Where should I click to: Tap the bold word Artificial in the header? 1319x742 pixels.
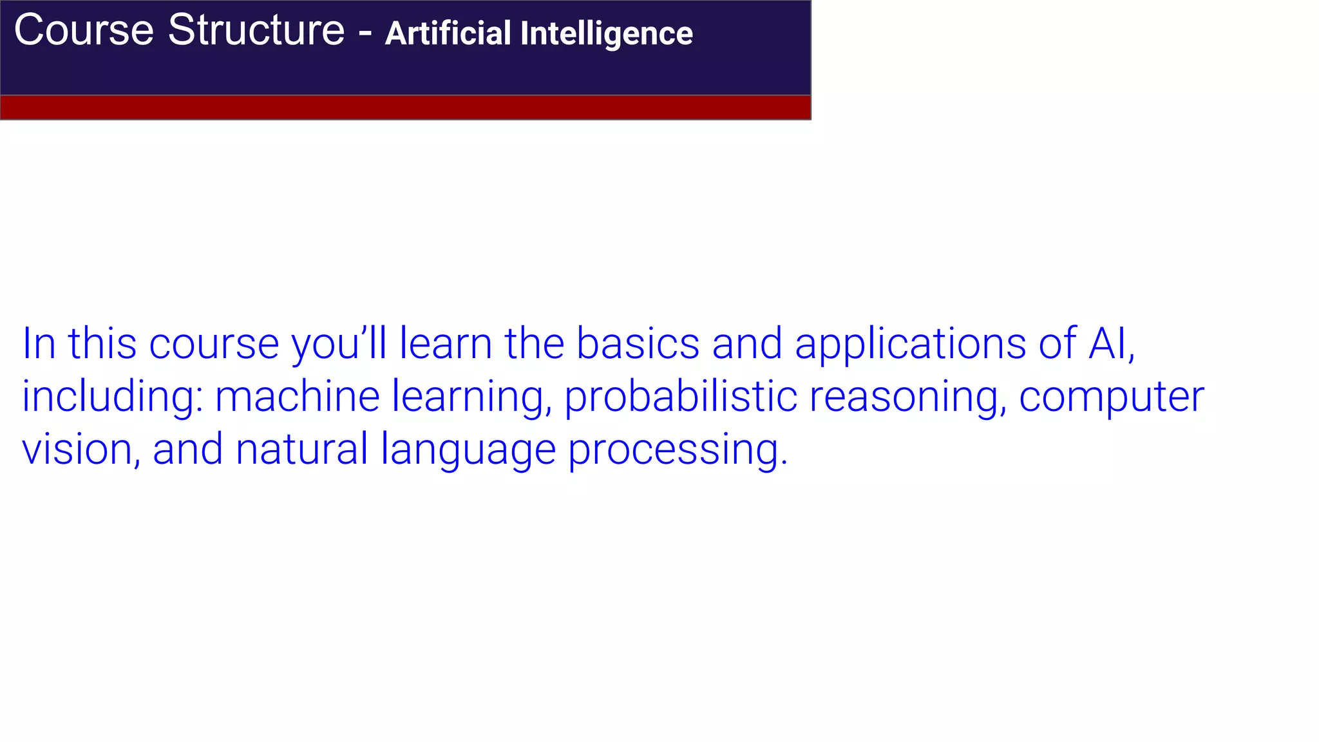(x=448, y=33)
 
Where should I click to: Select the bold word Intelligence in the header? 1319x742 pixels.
(x=606, y=33)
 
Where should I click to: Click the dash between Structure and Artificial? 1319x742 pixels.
(x=365, y=32)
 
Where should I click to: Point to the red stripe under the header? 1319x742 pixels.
(x=406, y=108)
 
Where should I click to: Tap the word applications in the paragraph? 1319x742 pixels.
(x=910, y=344)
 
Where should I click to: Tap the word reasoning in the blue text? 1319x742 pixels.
(x=907, y=397)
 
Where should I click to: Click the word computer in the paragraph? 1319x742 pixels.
(x=1111, y=397)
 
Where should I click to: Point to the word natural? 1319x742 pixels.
(x=301, y=449)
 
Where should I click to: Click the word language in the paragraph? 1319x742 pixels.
(x=468, y=450)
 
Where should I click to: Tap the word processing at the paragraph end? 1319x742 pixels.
(x=677, y=450)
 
